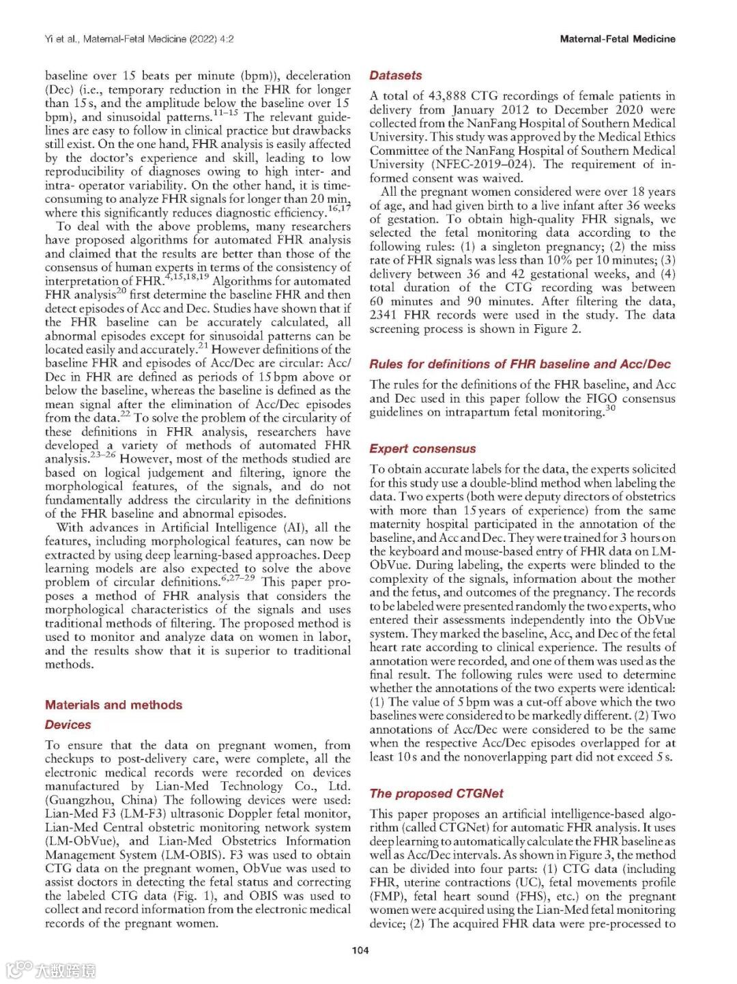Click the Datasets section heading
396,76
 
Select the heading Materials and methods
113,705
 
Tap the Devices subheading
68,725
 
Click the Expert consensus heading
422,449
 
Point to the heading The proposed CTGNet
436,794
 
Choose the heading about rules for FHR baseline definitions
520,364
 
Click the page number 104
360,950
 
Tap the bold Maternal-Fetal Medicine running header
617,39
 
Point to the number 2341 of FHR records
384,315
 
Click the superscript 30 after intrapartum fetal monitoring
610,408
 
